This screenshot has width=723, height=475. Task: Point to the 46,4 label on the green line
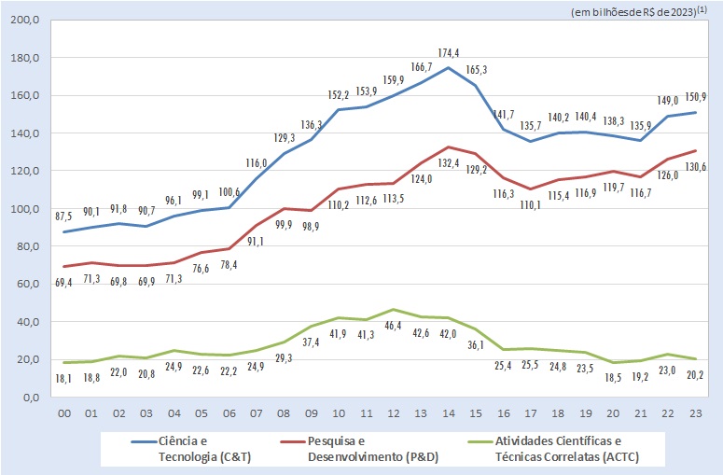395,325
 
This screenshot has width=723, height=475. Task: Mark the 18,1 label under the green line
63,377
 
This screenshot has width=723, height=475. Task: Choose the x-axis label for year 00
63,413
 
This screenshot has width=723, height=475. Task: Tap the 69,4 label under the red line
63,282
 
